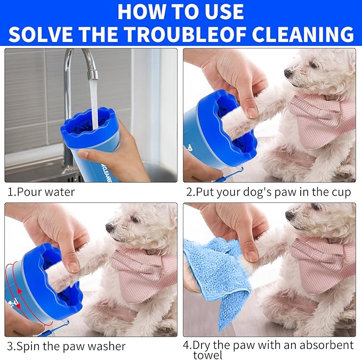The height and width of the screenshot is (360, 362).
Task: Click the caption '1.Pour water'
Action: coord(41,192)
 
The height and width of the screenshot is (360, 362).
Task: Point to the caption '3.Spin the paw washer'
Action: coord(67,346)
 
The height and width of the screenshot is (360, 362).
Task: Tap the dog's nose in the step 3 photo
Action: coord(109,227)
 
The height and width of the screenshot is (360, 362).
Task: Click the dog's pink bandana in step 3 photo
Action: coord(144,272)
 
